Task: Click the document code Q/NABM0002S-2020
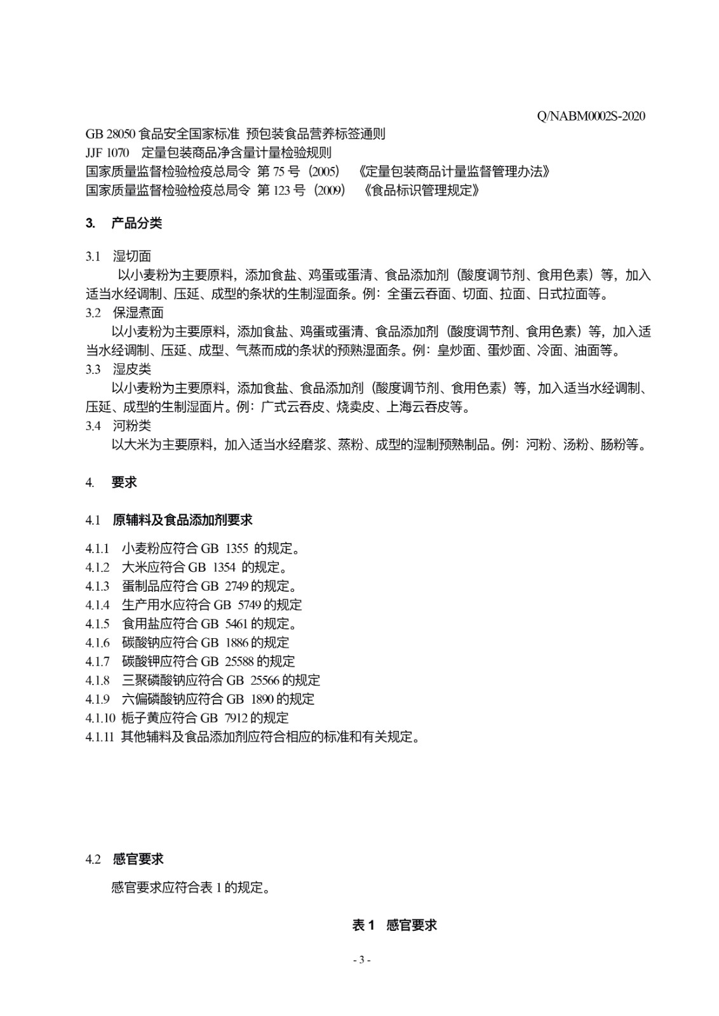click(x=591, y=116)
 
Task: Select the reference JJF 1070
click(x=107, y=153)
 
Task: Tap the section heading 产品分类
click(x=137, y=223)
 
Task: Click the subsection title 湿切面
click(x=132, y=257)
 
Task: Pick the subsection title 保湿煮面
click(x=138, y=312)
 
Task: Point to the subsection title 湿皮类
click(x=132, y=369)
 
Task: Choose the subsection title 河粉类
click(x=132, y=425)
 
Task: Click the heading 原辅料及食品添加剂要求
click(x=182, y=520)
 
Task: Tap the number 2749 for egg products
click(x=236, y=586)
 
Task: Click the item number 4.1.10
click(x=100, y=718)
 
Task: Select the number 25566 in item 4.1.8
click(x=265, y=681)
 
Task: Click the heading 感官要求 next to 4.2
click(x=138, y=859)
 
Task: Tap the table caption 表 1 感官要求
click(x=394, y=925)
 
